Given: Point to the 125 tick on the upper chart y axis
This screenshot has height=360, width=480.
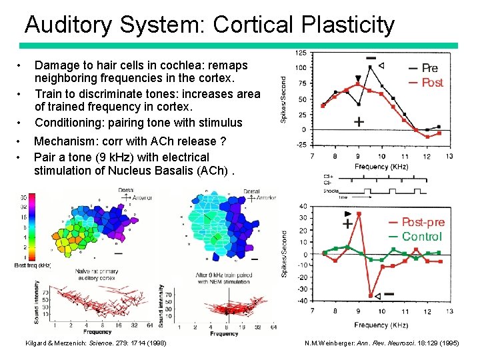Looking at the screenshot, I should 301,53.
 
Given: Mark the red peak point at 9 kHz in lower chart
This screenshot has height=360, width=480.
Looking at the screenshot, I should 359,214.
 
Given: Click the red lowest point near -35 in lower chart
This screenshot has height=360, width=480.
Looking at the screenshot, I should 371,295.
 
